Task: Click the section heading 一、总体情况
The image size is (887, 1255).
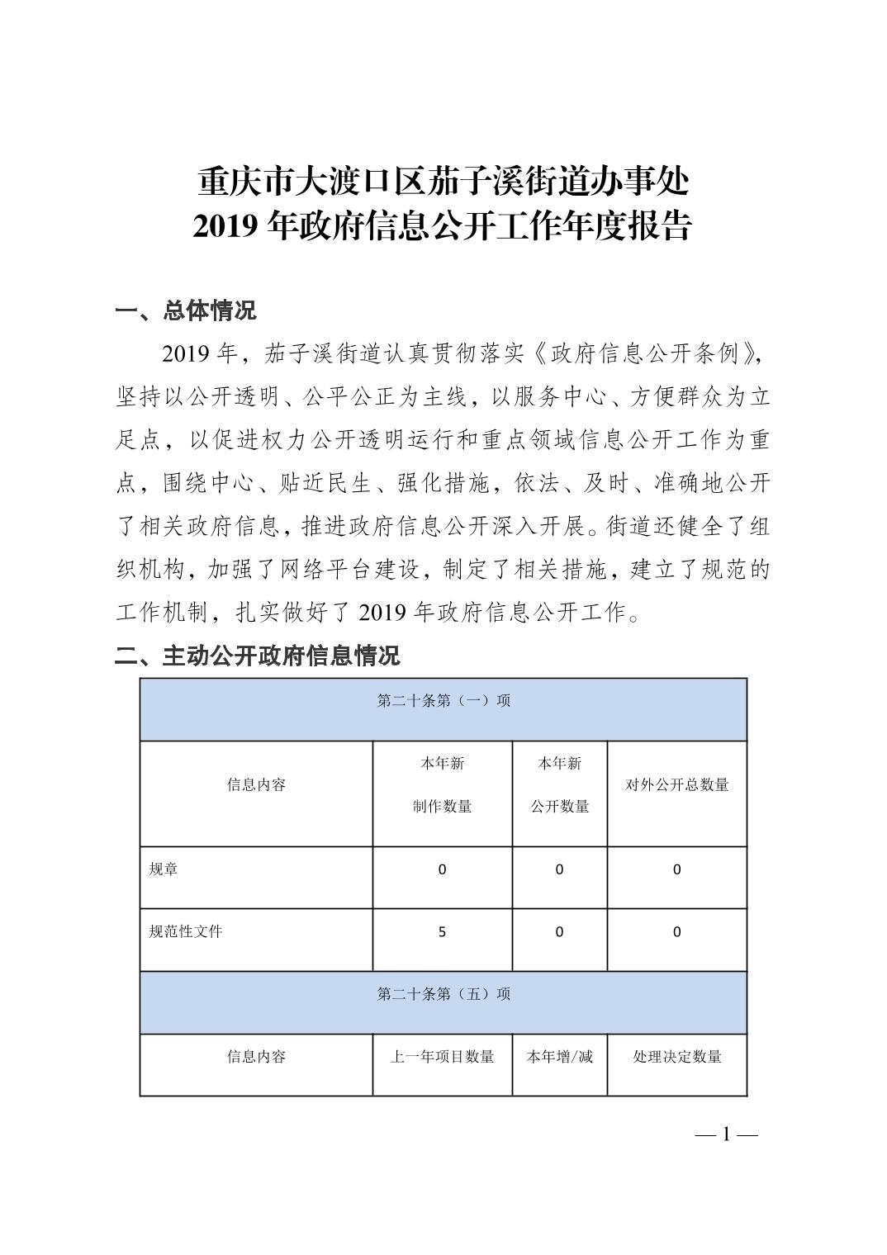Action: pos(186,311)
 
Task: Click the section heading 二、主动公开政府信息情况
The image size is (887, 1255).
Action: pos(257,656)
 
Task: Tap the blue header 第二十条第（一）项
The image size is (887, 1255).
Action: pos(443,701)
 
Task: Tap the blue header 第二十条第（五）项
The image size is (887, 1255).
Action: pos(443,994)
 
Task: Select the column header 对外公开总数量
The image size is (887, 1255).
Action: pos(677,785)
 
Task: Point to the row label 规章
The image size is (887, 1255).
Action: pos(164,869)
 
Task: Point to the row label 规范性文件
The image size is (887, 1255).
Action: pos(186,932)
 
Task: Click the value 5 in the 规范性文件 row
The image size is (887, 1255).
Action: pos(442,932)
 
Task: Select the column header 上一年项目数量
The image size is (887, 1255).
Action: pos(442,1057)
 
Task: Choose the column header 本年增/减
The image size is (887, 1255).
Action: pos(560,1057)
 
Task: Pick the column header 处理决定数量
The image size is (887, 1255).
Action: pos(677,1057)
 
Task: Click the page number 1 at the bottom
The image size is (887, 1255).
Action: pos(726,1134)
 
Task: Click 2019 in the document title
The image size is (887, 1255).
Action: pos(229,227)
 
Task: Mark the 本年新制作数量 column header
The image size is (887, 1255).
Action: pos(442,785)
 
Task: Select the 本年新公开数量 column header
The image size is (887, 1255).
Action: pos(560,785)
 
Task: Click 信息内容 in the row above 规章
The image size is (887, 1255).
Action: pos(256,785)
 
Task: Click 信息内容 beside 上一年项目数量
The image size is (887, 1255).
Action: pos(256,1057)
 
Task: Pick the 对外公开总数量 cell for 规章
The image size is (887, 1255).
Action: pos(677,869)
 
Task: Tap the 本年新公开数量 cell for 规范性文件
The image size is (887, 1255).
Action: pos(560,932)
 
